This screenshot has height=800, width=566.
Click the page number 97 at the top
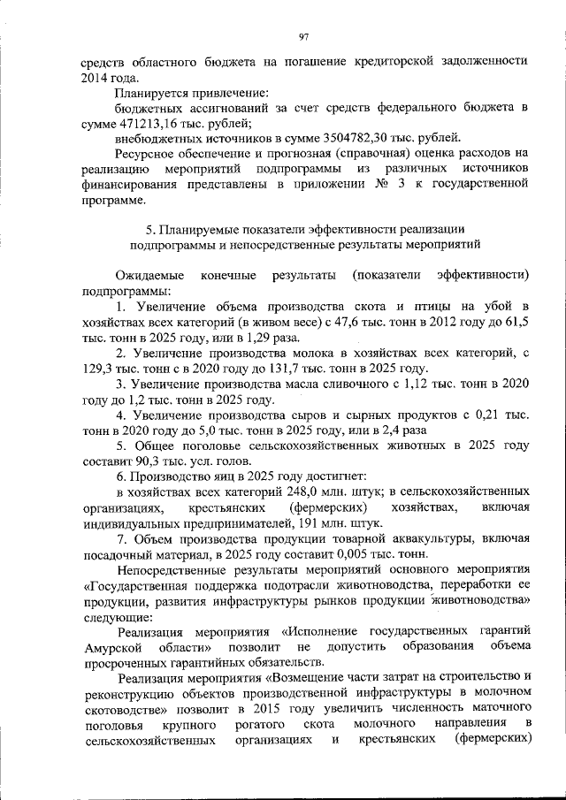click(302, 36)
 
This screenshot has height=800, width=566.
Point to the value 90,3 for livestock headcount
click(144, 462)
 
